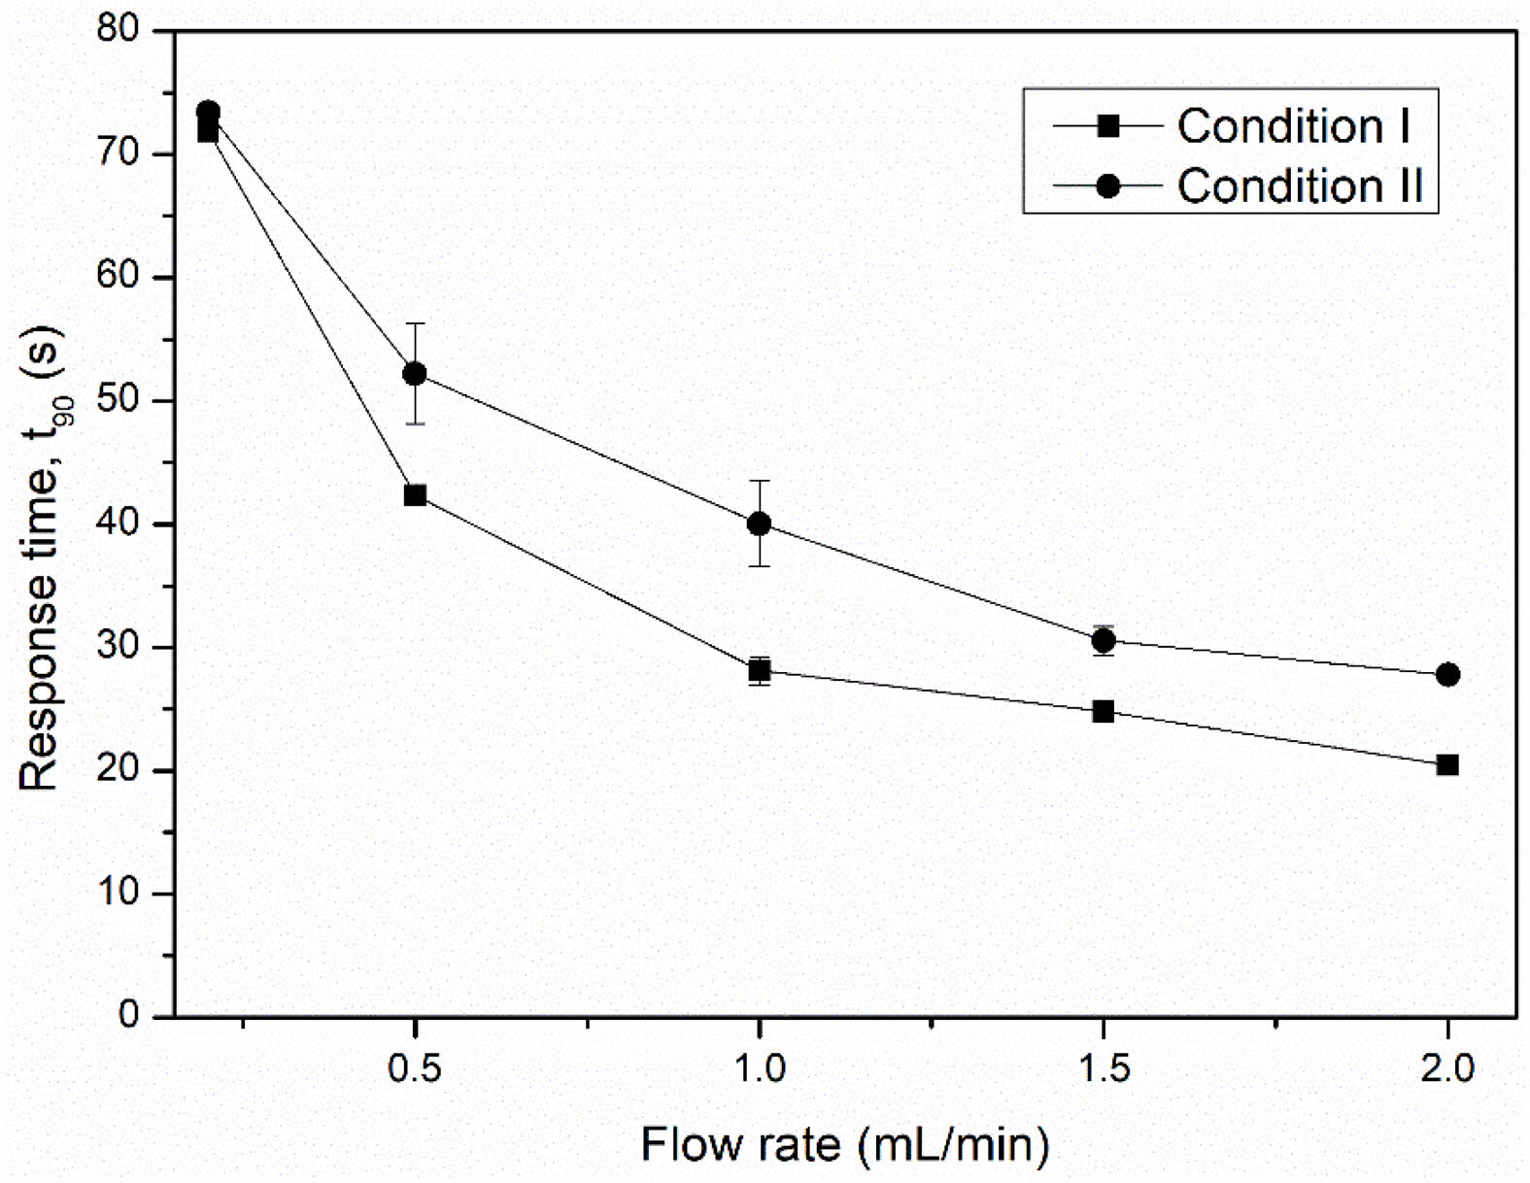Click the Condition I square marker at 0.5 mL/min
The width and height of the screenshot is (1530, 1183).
(x=415, y=495)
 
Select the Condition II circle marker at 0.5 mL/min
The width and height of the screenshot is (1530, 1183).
(x=415, y=373)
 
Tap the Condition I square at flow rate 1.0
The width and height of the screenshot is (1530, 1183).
(x=760, y=670)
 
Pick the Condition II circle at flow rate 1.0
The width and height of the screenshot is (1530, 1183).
(x=760, y=524)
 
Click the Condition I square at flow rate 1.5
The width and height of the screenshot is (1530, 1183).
(x=1104, y=712)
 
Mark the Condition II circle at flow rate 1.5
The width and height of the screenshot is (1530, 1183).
(x=1104, y=640)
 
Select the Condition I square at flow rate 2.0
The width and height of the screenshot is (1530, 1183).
(x=1447, y=765)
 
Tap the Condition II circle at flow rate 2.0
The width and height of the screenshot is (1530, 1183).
(x=1447, y=674)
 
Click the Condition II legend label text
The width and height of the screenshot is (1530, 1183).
(x=1301, y=186)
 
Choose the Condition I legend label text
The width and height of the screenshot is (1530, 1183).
(x=1293, y=126)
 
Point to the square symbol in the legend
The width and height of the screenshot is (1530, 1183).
(x=1107, y=126)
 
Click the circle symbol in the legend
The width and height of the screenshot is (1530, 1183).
(x=1107, y=186)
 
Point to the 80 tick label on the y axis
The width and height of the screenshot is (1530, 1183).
(x=120, y=29)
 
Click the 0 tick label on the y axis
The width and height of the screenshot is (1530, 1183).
(x=130, y=1015)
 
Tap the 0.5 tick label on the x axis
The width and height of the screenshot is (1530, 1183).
(x=415, y=1068)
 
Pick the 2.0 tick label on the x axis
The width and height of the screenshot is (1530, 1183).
(x=1447, y=1068)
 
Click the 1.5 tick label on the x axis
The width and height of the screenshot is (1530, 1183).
(x=1104, y=1068)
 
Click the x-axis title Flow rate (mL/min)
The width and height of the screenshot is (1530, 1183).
(x=845, y=1144)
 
